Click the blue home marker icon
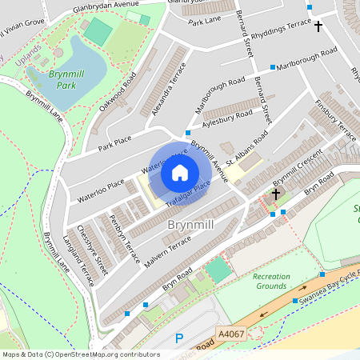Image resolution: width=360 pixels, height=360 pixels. click(180, 173)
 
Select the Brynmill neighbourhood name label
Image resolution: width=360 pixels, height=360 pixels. click(190, 226)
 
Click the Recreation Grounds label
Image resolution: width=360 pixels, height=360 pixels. click(271, 282)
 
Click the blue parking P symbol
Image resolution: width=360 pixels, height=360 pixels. click(179, 338)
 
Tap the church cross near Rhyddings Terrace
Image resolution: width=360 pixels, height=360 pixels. click(318, 26)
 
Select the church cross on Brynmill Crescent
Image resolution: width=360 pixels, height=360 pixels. click(276, 194)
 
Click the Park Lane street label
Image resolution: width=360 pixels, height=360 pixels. click(203, 23)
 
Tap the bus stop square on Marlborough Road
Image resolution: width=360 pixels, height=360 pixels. click(273, 67)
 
